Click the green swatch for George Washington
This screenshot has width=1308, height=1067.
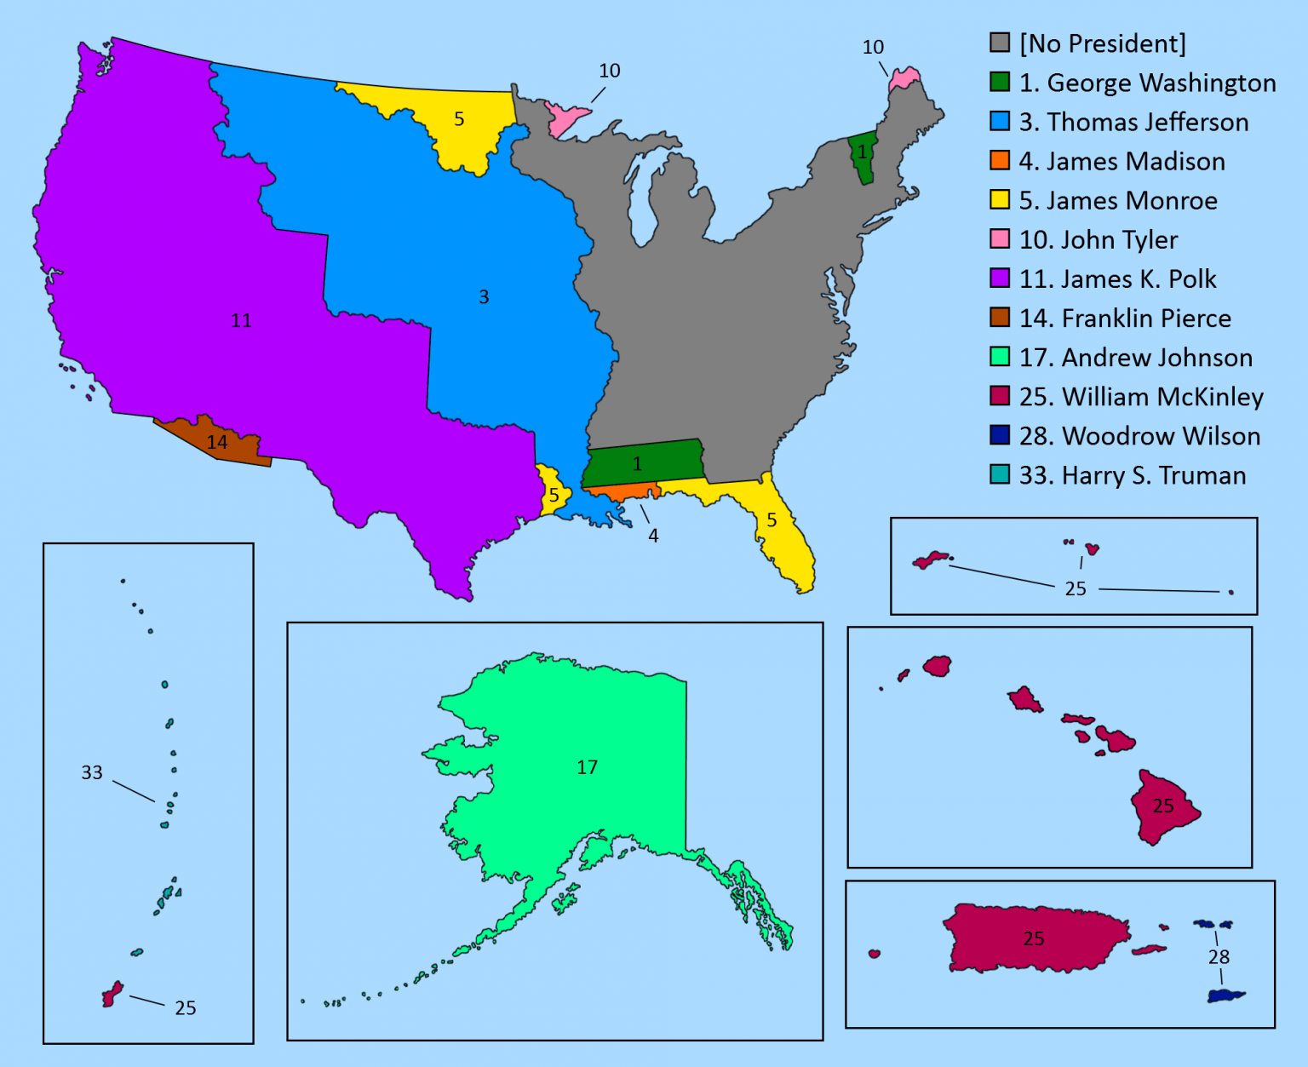(1000, 83)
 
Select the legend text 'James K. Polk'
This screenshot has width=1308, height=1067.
(1118, 279)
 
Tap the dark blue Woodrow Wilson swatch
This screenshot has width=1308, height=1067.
(1000, 436)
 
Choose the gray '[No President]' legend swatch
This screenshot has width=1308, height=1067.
(1000, 43)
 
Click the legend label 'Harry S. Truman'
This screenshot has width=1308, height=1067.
(1133, 475)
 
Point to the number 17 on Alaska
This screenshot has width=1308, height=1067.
(587, 767)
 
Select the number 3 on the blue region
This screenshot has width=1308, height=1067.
(484, 297)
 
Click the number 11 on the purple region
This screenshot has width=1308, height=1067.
(242, 321)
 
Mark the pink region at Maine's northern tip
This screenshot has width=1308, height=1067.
(904, 78)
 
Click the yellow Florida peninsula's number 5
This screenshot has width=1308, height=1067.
(772, 520)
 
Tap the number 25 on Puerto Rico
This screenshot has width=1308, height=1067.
(1034, 938)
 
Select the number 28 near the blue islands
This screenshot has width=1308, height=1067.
(1219, 957)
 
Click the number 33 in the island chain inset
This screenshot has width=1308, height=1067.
(92, 772)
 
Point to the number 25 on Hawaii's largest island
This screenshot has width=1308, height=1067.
(1163, 806)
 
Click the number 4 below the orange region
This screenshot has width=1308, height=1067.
(653, 536)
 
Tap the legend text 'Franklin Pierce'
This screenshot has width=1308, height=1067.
(1125, 318)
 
